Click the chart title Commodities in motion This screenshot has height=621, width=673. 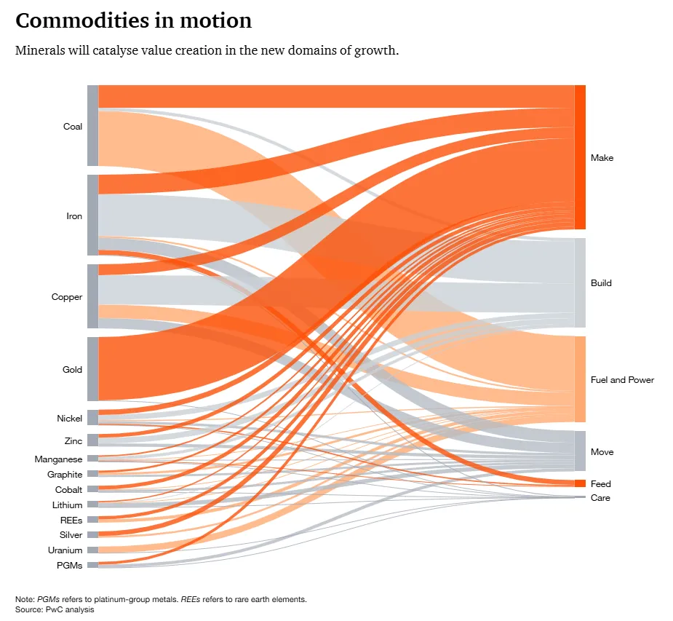click(133, 21)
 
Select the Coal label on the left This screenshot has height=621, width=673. click(73, 127)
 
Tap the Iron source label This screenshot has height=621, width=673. click(74, 216)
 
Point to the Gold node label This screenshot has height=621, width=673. click(72, 370)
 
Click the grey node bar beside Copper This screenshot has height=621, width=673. click(92, 296)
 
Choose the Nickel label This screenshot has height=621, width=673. click(69, 419)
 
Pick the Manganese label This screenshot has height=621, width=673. click(58, 459)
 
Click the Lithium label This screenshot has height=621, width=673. click(67, 505)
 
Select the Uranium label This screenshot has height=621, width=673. click(65, 550)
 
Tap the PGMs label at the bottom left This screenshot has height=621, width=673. click(70, 566)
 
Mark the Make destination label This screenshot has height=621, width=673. click(602, 158)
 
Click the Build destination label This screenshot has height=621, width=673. click(601, 283)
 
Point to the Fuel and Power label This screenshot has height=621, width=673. click(622, 380)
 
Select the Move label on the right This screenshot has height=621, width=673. click(602, 452)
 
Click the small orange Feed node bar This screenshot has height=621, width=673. click(580, 483)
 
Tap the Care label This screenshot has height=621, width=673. click(600, 498)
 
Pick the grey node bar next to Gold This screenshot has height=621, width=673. click(92, 368)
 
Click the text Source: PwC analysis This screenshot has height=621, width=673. click(55, 609)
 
